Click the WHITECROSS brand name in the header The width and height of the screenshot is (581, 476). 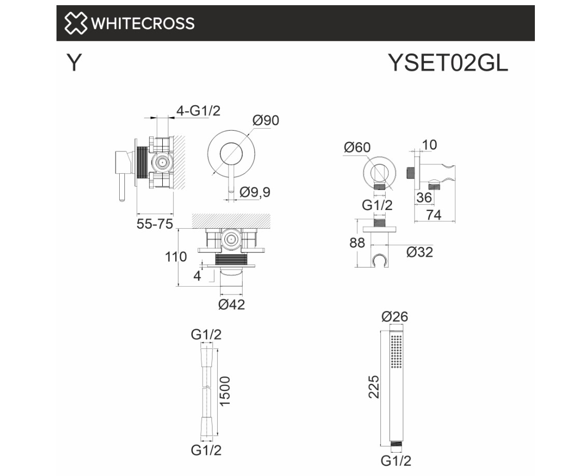(x=143, y=23)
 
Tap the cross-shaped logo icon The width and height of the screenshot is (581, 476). (x=76, y=23)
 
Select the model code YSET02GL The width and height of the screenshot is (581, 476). (x=448, y=63)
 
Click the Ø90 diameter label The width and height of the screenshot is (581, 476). (x=266, y=120)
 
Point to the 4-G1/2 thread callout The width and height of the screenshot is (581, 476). (x=198, y=110)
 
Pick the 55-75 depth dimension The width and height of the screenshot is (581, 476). (x=155, y=224)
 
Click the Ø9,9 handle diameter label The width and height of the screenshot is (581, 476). (x=254, y=192)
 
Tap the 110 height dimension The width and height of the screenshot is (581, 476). (x=176, y=257)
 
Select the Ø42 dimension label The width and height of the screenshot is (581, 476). (x=232, y=304)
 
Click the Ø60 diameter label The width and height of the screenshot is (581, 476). (x=357, y=147)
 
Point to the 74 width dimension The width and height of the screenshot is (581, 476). (x=434, y=215)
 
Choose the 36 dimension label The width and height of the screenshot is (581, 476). (x=424, y=198)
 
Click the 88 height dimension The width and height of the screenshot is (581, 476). (x=357, y=243)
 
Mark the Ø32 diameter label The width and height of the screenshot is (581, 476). (x=420, y=252)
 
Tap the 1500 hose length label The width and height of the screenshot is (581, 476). (x=225, y=391)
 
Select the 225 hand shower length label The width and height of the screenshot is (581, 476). (x=374, y=387)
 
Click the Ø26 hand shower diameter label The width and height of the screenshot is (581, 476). (x=395, y=317)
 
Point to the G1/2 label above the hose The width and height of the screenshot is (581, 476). (x=206, y=334)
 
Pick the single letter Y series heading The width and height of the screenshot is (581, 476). (x=74, y=63)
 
